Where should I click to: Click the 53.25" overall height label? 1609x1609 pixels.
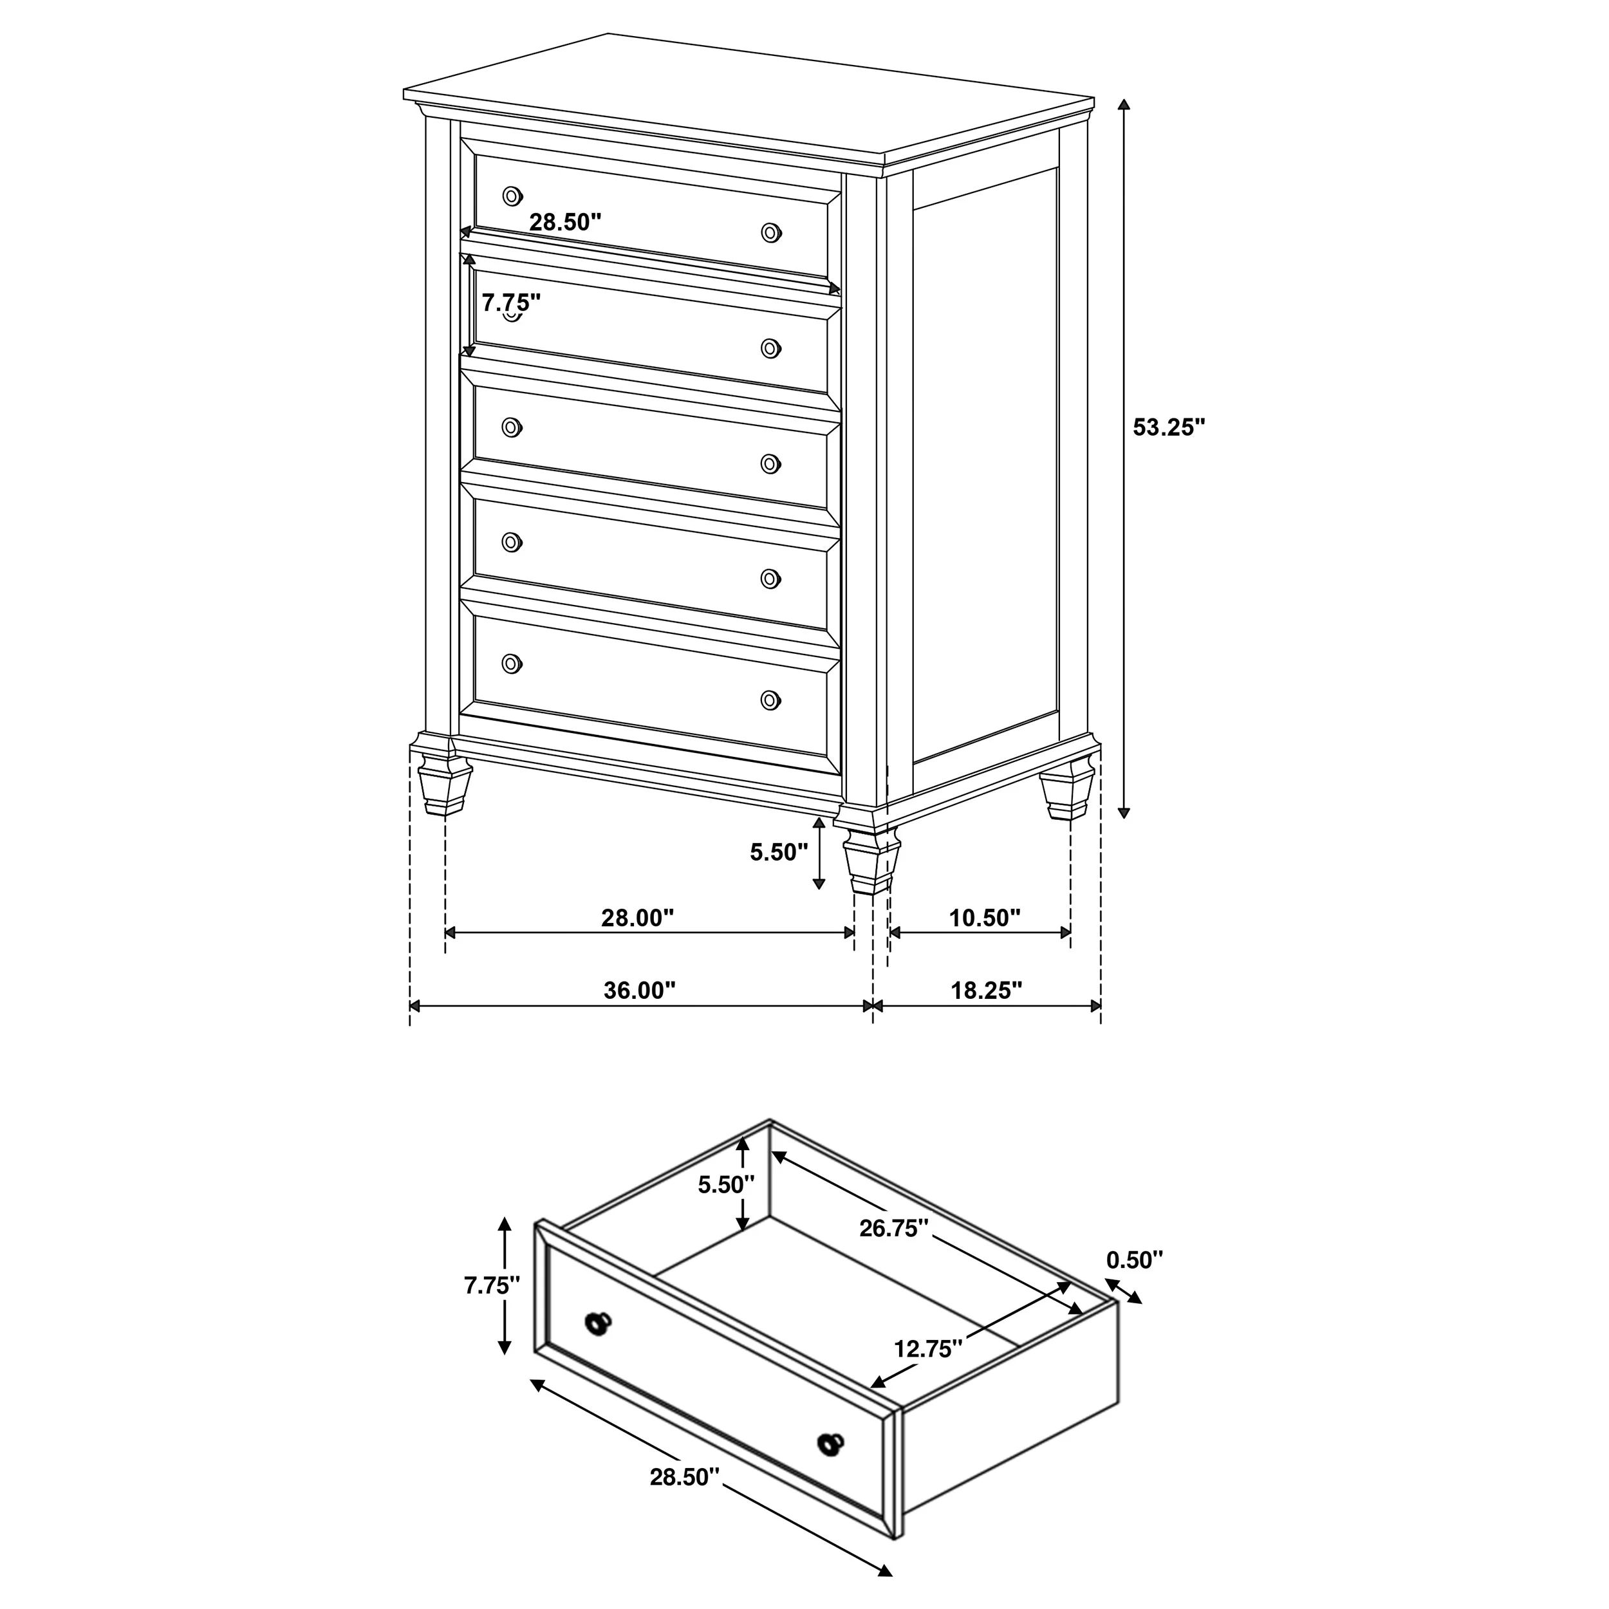click(1168, 427)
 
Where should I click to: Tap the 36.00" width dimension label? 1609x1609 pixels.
click(640, 991)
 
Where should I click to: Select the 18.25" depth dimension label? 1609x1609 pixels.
click(986, 991)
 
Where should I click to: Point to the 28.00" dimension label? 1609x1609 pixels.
click(637, 918)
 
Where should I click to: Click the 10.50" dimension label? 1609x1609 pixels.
click(985, 918)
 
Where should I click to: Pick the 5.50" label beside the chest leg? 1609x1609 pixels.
click(779, 852)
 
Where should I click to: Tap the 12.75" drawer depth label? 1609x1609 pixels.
click(929, 1348)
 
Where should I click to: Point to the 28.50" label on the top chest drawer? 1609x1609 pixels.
click(566, 222)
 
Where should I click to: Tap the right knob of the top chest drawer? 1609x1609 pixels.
click(771, 232)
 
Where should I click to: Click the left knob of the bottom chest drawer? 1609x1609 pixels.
click(512, 664)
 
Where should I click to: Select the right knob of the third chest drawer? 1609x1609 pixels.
click(771, 463)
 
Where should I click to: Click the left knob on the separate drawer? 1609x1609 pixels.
click(598, 1323)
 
